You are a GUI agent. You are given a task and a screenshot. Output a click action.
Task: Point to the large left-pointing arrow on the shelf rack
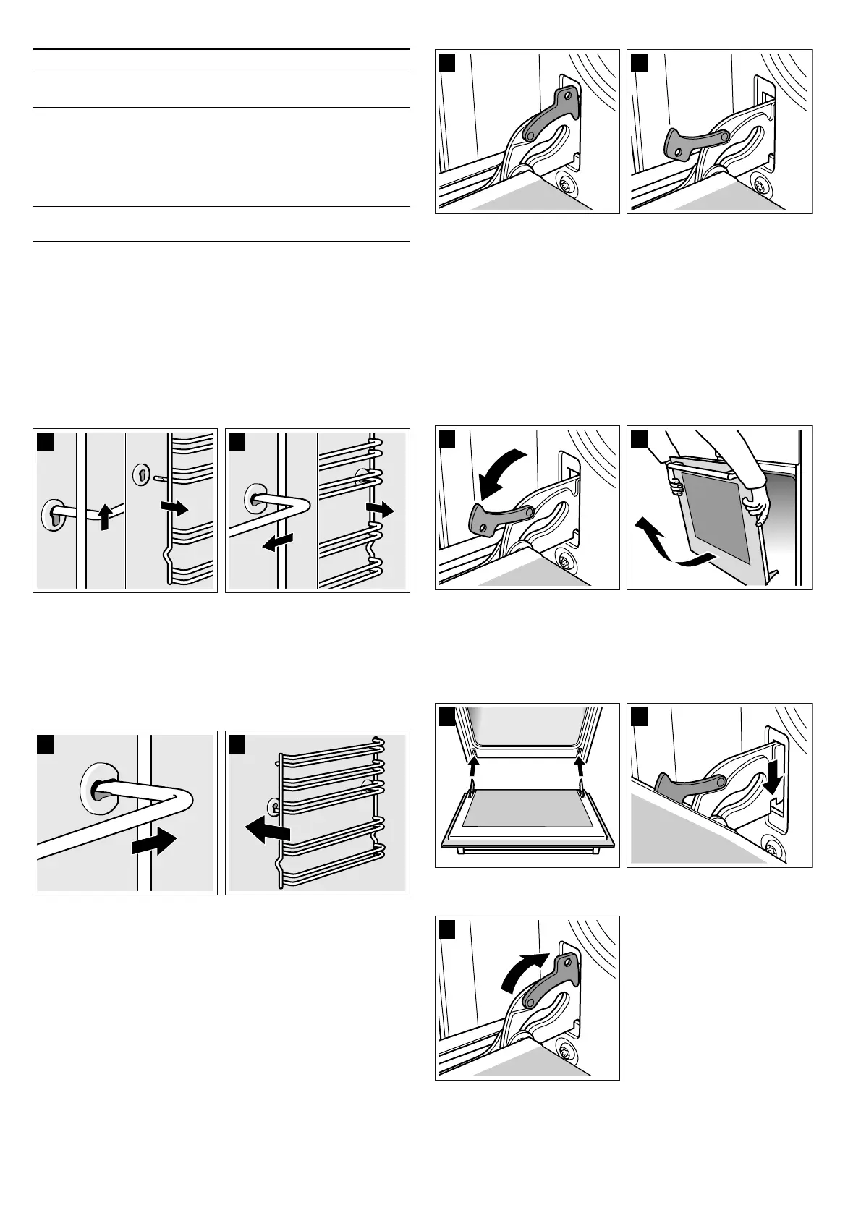pyautogui.click(x=268, y=828)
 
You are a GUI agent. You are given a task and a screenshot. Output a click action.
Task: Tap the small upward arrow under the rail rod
pyautogui.click(x=106, y=519)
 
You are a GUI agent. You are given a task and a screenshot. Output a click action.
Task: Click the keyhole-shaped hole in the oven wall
pyautogui.click(x=142, y=475)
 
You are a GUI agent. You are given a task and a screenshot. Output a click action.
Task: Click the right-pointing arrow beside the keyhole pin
pyautogui.click(x=174, y=508)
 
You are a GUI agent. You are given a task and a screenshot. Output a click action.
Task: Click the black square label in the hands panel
pyautogui.click(x=640, y=438)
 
